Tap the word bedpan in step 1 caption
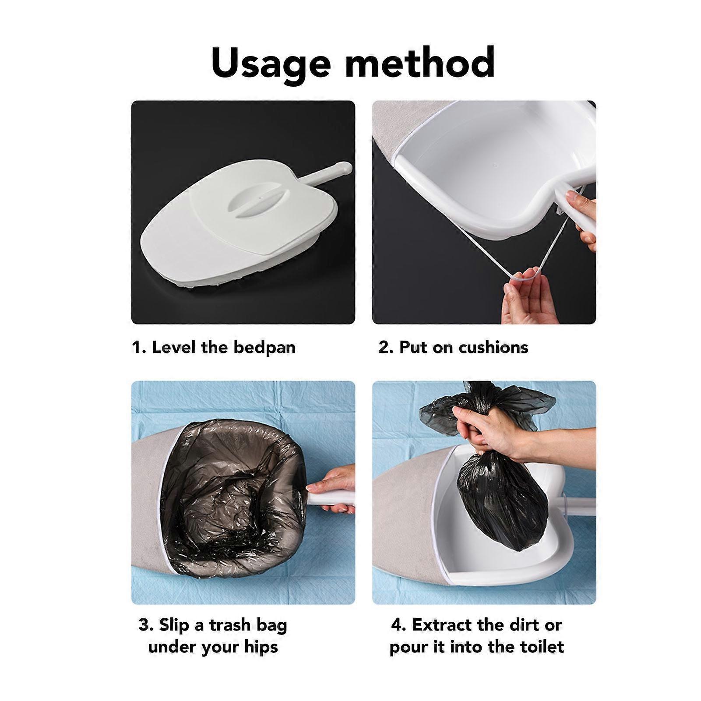[x=264, y=347]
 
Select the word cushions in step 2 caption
[x=493, y=347]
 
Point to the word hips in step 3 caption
[x=261, y=648]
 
